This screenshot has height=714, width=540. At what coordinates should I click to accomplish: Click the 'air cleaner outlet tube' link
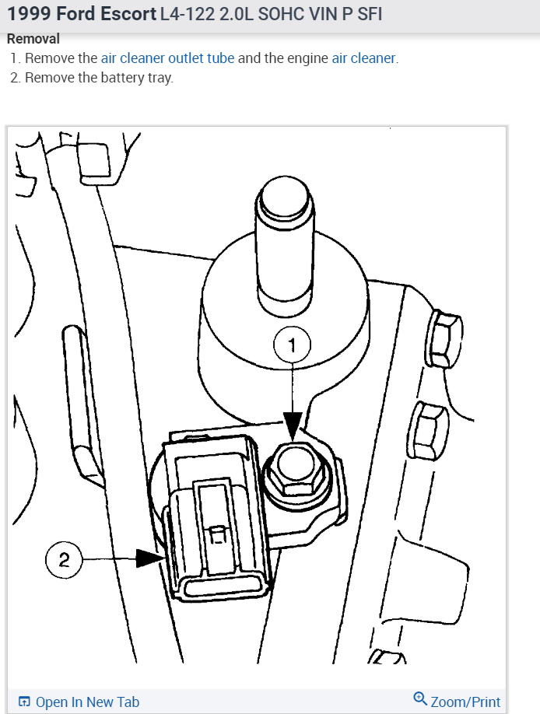point(167,58)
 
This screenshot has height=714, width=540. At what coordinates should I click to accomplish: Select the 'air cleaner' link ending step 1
point(364,58)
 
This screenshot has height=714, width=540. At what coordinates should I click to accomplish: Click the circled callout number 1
point(293,345)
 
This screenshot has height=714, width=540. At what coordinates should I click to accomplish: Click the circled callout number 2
point(65,559)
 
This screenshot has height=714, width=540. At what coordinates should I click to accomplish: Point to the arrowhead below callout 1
point(293,425)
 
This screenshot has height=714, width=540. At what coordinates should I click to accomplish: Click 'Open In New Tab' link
point(87,702)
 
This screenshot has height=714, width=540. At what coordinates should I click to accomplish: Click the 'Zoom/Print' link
point(465,702)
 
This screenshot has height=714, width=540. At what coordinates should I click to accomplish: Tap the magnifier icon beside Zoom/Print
point(420,700)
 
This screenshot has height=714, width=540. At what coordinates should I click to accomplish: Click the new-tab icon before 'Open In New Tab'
point(24,702)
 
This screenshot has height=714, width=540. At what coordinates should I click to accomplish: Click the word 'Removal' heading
point(33,39)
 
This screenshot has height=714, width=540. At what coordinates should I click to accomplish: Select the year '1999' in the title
point(29,14)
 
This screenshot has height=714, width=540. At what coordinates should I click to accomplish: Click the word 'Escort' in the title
point(128,14)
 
